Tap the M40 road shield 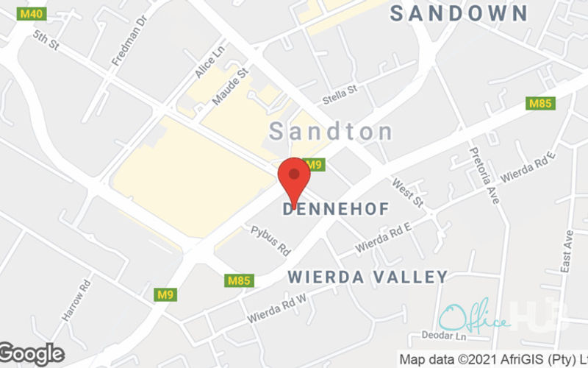pyautogui.click(x=31, y=14)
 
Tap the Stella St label pyautogui.click(x=340, y=94)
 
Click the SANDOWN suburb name pyautogui.click(x=459, y=13)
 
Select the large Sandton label pyautogui.click(x=331, y=132)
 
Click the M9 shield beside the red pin pyautogui.click(x=314, y=165)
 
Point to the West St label pyautogui.click(x=408, y=191)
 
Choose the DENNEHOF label pyautogui.click(x=336, y=210)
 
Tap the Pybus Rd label pyautogui.click(x=271, y=240)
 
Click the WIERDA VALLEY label pyautogui.click(x=367, y=277)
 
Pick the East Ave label pyautogui.click(x=566, y=251)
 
